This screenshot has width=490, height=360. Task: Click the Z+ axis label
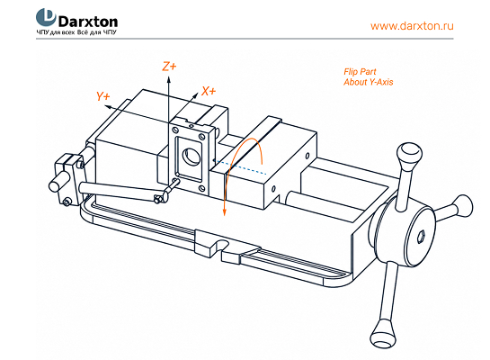(x=169, y=67)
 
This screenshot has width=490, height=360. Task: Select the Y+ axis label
(x=102, y=96)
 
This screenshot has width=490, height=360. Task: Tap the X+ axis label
(x=209, y=91)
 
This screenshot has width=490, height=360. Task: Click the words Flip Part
(x=360, y=72)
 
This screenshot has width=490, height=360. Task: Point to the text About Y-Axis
(x=368, y=82)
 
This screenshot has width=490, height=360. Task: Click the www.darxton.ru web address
(x=412, y=25)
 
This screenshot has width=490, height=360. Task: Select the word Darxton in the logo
(x=88, y=22)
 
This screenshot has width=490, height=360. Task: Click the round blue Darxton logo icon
(x=46, y=17)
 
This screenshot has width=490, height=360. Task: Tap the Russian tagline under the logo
(x=76, y=32)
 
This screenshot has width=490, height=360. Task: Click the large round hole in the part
(x=191, y=157)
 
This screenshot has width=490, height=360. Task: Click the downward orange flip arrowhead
(x=224, y=212)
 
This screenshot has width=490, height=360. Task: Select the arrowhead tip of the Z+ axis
(x=168, y=78)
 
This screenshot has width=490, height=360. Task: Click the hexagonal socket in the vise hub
(x=422, y=237)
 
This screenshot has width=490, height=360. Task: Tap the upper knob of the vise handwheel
(x=409, y=155)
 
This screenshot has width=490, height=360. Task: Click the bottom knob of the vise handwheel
(x=384, y=333)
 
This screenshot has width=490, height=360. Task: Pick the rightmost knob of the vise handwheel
(x=464, y=205)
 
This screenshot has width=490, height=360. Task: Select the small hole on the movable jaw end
(x=273, y=189)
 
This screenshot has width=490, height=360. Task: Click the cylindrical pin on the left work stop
(x=58, y=183)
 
